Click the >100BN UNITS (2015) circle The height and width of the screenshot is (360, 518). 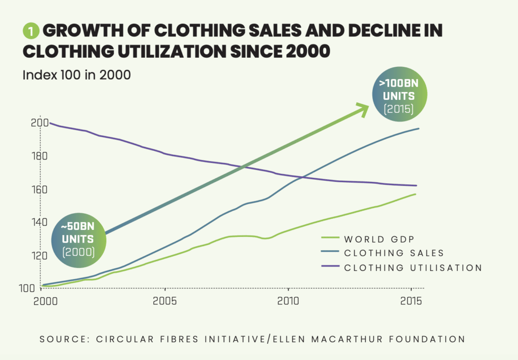click(x=399, y=96)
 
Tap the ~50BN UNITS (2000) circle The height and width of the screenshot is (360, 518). click(x=79, y=237)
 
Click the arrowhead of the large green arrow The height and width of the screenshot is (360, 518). click(x=363, y=107)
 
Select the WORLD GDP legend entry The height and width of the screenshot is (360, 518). click(x=369, y=239)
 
